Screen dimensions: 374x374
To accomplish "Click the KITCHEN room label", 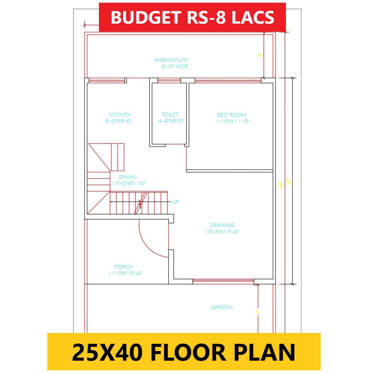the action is click(120, 115).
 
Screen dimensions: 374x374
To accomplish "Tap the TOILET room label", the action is click(170, 115).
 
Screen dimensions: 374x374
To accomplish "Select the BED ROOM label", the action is click(232, 115).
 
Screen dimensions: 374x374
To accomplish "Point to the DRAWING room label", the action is click(222, 225).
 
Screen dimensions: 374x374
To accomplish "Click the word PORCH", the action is click(124, 267).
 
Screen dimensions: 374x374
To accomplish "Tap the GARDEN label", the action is click(222, 307).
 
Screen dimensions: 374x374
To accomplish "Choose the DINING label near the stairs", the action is click(128, 177).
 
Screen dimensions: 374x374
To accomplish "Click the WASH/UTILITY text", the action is click(171, 60).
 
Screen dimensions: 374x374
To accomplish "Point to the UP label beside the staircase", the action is click(176, 202).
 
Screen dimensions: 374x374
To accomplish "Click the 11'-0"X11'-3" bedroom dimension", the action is click(233, 121).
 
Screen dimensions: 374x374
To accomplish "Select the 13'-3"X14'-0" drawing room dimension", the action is click(222, 232).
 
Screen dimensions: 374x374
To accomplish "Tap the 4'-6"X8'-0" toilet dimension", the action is click(171, 121).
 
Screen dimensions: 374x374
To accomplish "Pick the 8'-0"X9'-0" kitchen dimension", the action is click(119, 121).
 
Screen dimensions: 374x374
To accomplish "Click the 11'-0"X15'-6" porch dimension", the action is click(125, 273).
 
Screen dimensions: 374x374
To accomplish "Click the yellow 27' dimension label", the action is click(289, 181).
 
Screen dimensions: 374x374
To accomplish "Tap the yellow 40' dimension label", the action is click(281, 185).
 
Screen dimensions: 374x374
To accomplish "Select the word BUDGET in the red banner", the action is click(146, 17).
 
